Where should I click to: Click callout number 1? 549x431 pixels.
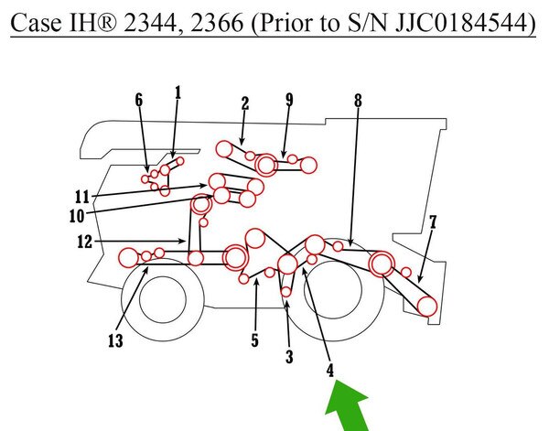178,93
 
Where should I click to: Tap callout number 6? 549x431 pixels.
139,100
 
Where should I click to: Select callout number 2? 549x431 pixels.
245,103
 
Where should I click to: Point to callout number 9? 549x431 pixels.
289,100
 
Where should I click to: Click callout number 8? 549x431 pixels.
358,101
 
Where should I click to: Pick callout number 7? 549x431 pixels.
433,222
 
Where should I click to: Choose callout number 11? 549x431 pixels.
82,197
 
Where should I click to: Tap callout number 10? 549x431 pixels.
77,216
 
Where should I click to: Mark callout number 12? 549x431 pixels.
84,242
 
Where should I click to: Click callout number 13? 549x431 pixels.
116,340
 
